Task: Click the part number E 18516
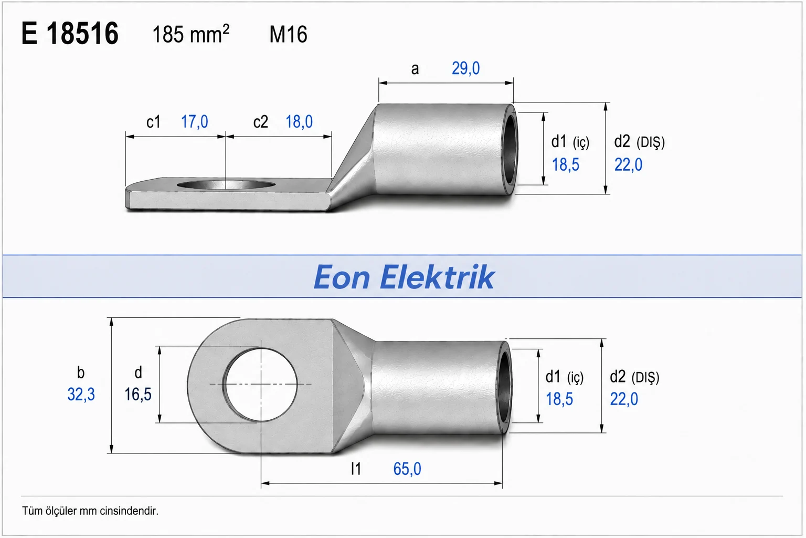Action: coord(70,33)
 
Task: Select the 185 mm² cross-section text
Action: coord(190,34)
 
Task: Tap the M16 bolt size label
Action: coord(288,35)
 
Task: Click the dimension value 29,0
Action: coord(465,68)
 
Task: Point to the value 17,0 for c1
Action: coord(194,122)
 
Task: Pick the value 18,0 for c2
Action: coord(299,122)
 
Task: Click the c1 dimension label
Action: coord(153,122)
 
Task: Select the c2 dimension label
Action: coord(260,122)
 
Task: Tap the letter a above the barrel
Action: coord(415,69)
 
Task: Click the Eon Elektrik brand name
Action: coord(404,277)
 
